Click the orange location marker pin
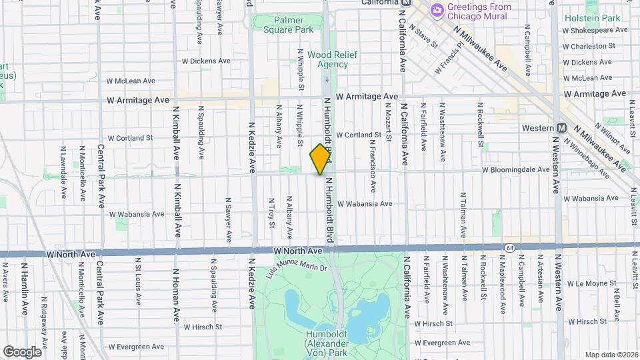321,159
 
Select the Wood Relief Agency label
327,60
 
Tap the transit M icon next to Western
561,127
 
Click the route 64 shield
510,248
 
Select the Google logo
22,351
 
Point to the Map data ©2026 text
611,354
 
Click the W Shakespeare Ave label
595,30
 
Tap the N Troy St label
271,212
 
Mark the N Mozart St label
387,148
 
